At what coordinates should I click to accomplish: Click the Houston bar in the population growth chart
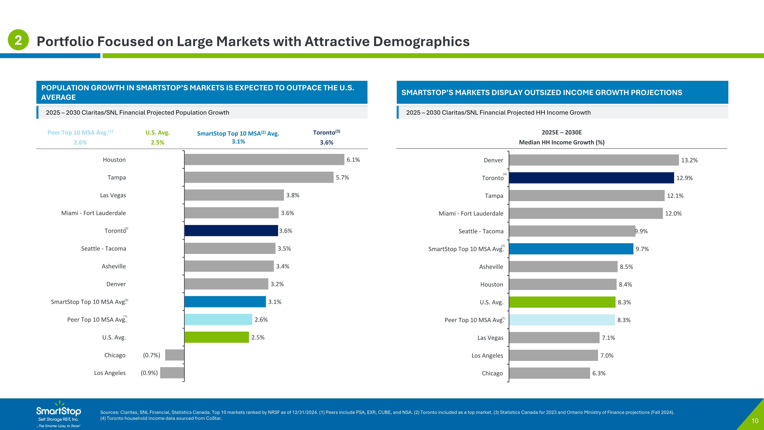click(264, 159)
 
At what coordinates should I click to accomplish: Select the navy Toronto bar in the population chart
click(231, 231)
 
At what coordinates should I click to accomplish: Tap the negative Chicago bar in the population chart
click(175, 355)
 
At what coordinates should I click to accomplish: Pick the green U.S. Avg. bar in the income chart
click(562, 302)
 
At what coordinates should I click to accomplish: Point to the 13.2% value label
click(689, 160)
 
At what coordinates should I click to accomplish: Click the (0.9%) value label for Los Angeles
click(149, 373)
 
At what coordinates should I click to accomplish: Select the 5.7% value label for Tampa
click(342, 177)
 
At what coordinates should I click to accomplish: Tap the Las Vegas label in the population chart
click(113, 195)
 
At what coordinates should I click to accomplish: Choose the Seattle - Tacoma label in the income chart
click(481, 231)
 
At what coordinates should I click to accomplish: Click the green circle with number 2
click(18, 40)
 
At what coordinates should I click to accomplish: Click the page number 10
click(755, 421)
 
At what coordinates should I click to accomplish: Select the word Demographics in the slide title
click(421, 42)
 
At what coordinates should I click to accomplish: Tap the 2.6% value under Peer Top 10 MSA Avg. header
click(80, 142)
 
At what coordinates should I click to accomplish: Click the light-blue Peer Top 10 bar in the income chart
click(562, 320)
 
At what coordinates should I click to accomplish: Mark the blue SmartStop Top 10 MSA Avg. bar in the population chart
click(225, 302)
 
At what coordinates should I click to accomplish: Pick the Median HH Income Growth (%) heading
click(562, 142)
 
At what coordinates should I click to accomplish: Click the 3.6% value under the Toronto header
click(326, 142)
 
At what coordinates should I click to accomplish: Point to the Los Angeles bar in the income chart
click(553, 355)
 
